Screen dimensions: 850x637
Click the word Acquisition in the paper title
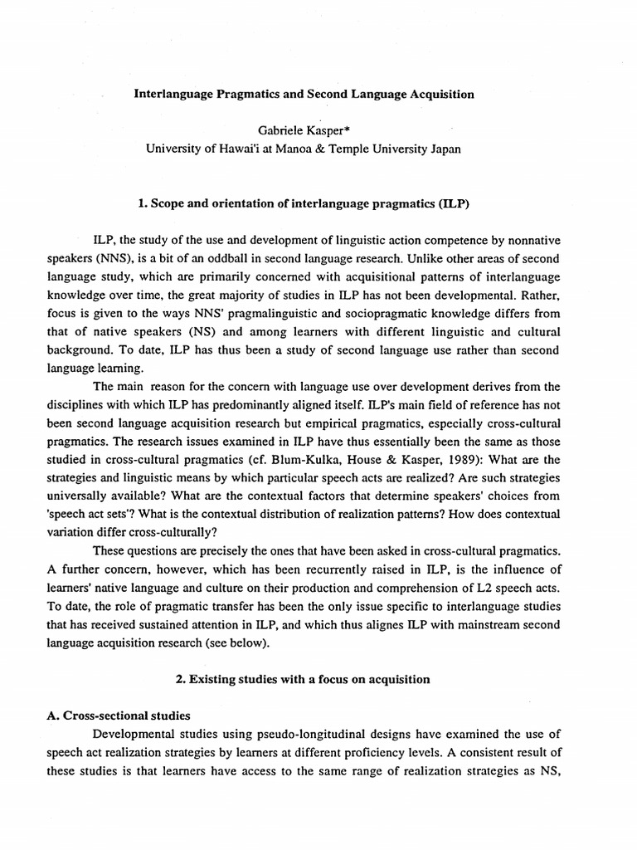440,95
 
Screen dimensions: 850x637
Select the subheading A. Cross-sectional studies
119,716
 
